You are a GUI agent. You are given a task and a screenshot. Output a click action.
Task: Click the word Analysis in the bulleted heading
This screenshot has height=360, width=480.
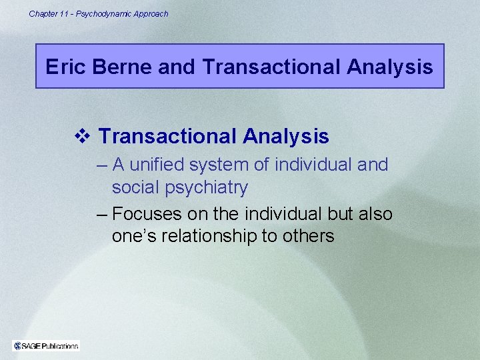(x=286, y=137)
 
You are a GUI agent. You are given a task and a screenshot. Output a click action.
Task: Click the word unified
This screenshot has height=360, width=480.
(x=161, y=165)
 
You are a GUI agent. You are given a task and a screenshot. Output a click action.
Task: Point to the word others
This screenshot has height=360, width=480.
(x=309, y=237)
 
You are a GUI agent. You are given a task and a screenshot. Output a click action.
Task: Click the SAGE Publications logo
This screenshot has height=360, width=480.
(x=46, y=345)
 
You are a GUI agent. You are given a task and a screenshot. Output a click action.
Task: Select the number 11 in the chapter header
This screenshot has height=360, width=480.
(x=63, y=13)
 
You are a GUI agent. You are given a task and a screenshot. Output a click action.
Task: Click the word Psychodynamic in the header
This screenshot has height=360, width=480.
(x=106, y=13)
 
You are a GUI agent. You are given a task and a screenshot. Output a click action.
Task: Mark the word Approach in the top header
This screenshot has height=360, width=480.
(x=153, y=13)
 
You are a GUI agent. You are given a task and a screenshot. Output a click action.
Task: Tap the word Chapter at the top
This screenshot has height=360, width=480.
(x=42, y=13)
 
